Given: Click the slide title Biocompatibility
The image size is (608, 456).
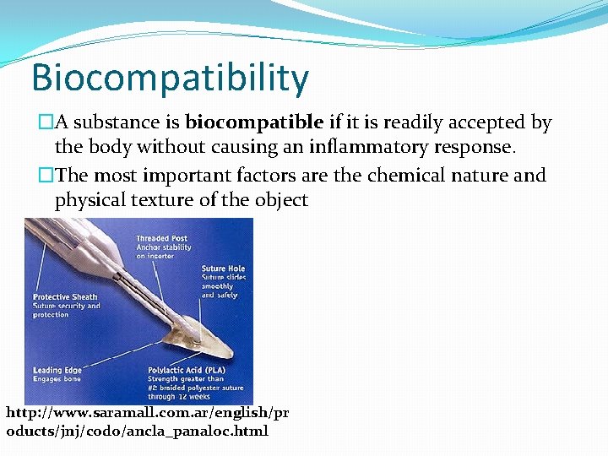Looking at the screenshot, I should (x=170, y=78).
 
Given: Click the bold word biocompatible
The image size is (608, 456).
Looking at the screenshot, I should (x=254, y=122).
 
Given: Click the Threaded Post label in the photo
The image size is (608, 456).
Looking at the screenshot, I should (x=161, y=239).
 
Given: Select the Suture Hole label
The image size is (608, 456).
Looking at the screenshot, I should (x=223, y=269).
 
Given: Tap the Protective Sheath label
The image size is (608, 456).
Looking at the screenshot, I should (x=65, y=297).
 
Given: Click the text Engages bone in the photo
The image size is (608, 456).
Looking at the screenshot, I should (x=57, y=379).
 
